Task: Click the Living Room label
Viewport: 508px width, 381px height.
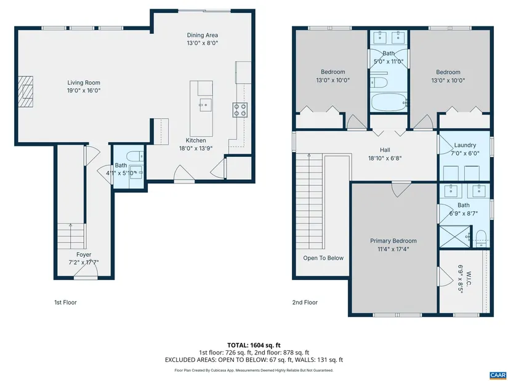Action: (x=84, y=82)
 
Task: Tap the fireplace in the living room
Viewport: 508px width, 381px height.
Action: (x=26, y=91)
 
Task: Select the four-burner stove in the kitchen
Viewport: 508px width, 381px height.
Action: (x=240, y=110)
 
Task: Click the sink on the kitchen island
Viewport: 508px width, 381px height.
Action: (x=206, y=105)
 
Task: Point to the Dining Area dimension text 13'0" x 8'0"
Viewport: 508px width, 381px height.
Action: (x=203, y=43)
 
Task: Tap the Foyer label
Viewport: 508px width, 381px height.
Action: (x=84, y=255)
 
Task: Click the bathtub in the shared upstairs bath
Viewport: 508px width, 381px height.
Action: (x=389, y=102)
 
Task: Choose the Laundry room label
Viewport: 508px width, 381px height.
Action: (x=465, y=145)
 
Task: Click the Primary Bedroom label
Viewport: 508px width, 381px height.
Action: (x=393, y=241)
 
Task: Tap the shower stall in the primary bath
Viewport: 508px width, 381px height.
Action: (x=454, y=236)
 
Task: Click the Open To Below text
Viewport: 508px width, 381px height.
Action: (x=323, y=259)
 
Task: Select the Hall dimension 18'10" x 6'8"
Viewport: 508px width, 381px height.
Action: (x=385, y=158)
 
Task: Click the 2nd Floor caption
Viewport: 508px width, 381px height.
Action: (x=305, y=302)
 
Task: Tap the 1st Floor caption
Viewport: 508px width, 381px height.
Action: (x=65, y=302)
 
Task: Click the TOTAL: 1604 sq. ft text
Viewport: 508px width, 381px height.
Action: (x=254, y=345)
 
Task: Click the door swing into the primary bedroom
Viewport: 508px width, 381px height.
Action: (x=401, y=190)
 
